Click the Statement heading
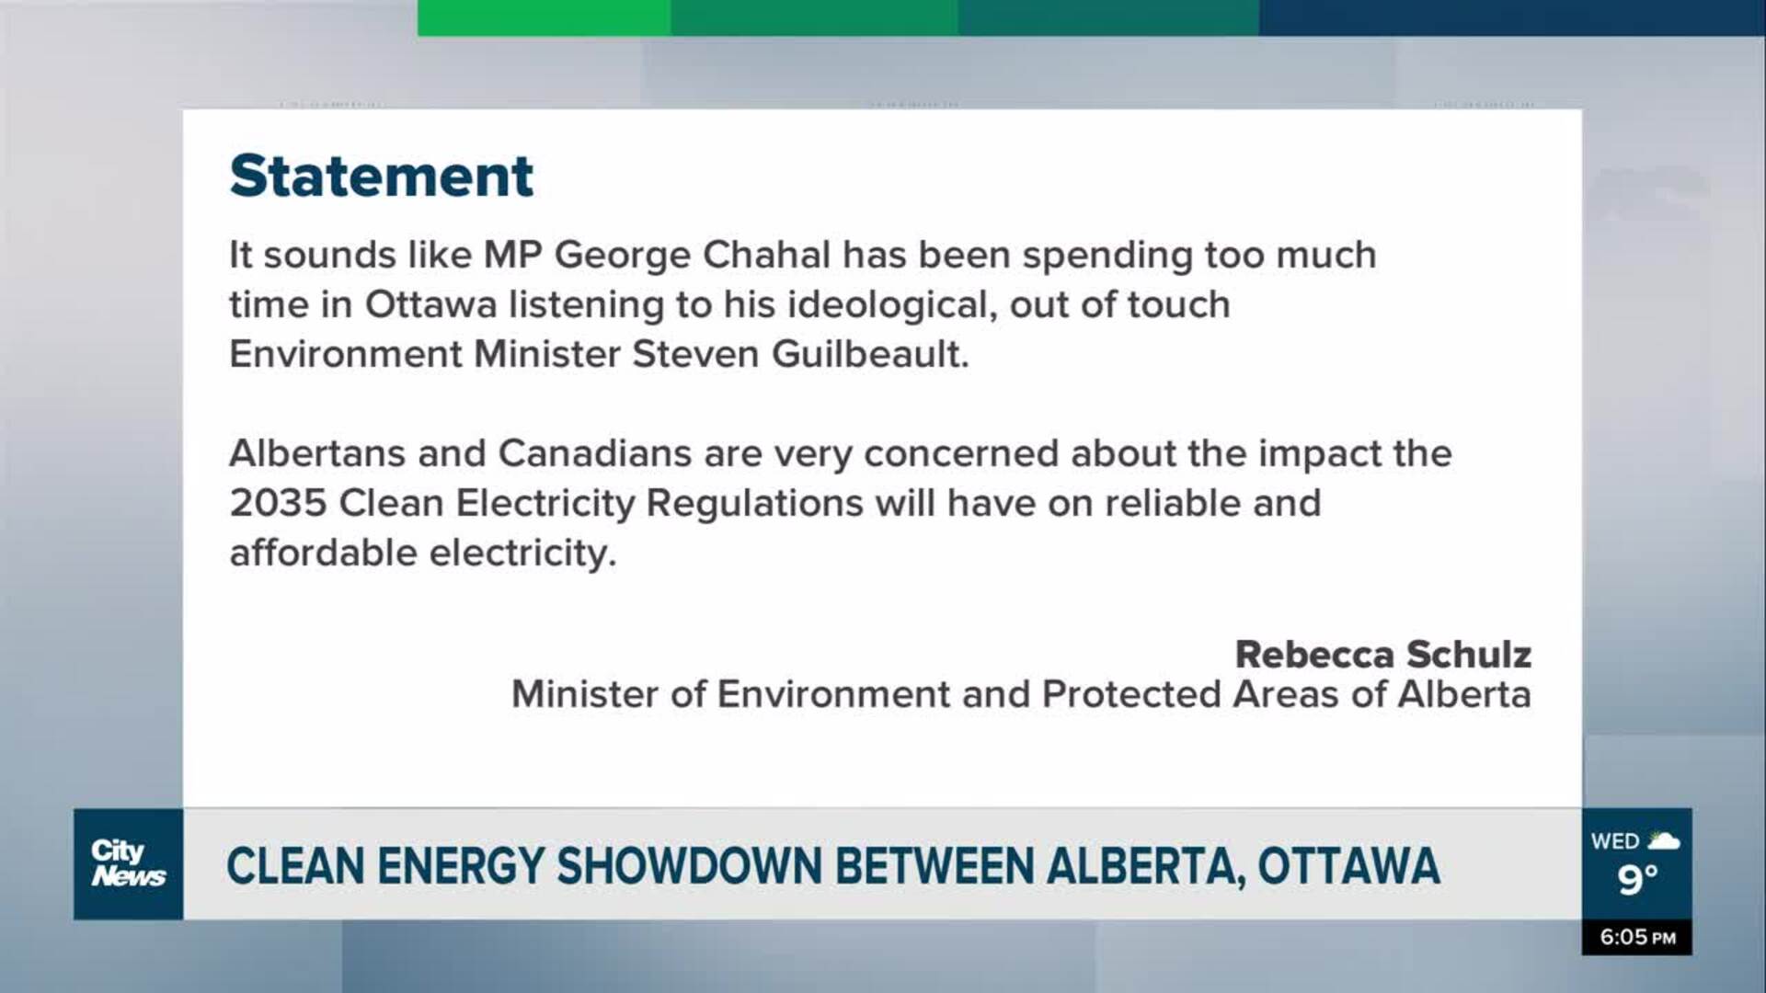(x=381, y=176)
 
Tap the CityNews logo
(x=128, y=863)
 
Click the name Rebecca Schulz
(x=1382, y=655)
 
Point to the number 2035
(x=278, y=503)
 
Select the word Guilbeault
(x=870, y=354)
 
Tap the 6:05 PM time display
(x=1637, y=937)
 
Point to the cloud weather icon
(x=1664, y=839)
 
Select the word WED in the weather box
(x=1615, y=841)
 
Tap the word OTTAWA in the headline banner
(x=1348, y=866)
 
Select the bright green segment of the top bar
(x=545, y=17)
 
